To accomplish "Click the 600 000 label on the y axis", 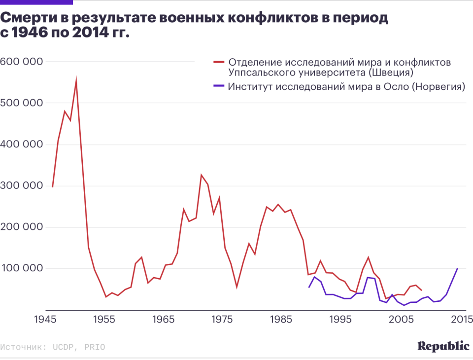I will point(22,62).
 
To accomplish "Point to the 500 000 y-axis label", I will point(22,103).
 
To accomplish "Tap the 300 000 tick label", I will point(22,186).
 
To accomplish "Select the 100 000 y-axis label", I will point(22,269).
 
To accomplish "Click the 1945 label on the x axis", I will point(44,320).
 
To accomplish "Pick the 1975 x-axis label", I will point(222,320).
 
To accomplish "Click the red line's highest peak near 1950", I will point(76,79).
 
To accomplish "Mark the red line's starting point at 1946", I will point(52,187).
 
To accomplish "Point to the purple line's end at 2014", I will point(458,269).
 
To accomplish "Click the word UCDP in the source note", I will point(63,347).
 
